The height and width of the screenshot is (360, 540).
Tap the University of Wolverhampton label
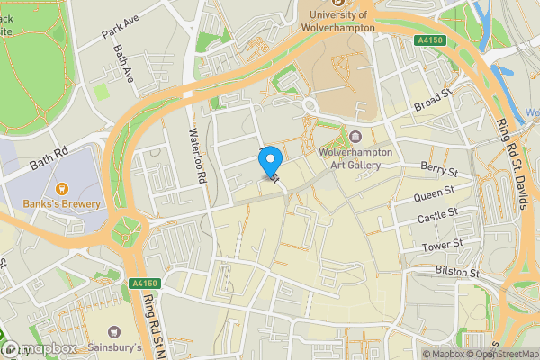(338, 20)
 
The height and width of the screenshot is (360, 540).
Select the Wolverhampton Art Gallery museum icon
(356, 137)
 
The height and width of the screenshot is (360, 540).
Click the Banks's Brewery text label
(63, 204)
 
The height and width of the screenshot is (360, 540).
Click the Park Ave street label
(122, 29)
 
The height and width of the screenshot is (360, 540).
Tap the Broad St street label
(433, 101)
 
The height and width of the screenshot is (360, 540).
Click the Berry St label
(440, 168)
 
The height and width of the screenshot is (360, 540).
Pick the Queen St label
(433, 195)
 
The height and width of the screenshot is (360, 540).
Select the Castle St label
(438, 219)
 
